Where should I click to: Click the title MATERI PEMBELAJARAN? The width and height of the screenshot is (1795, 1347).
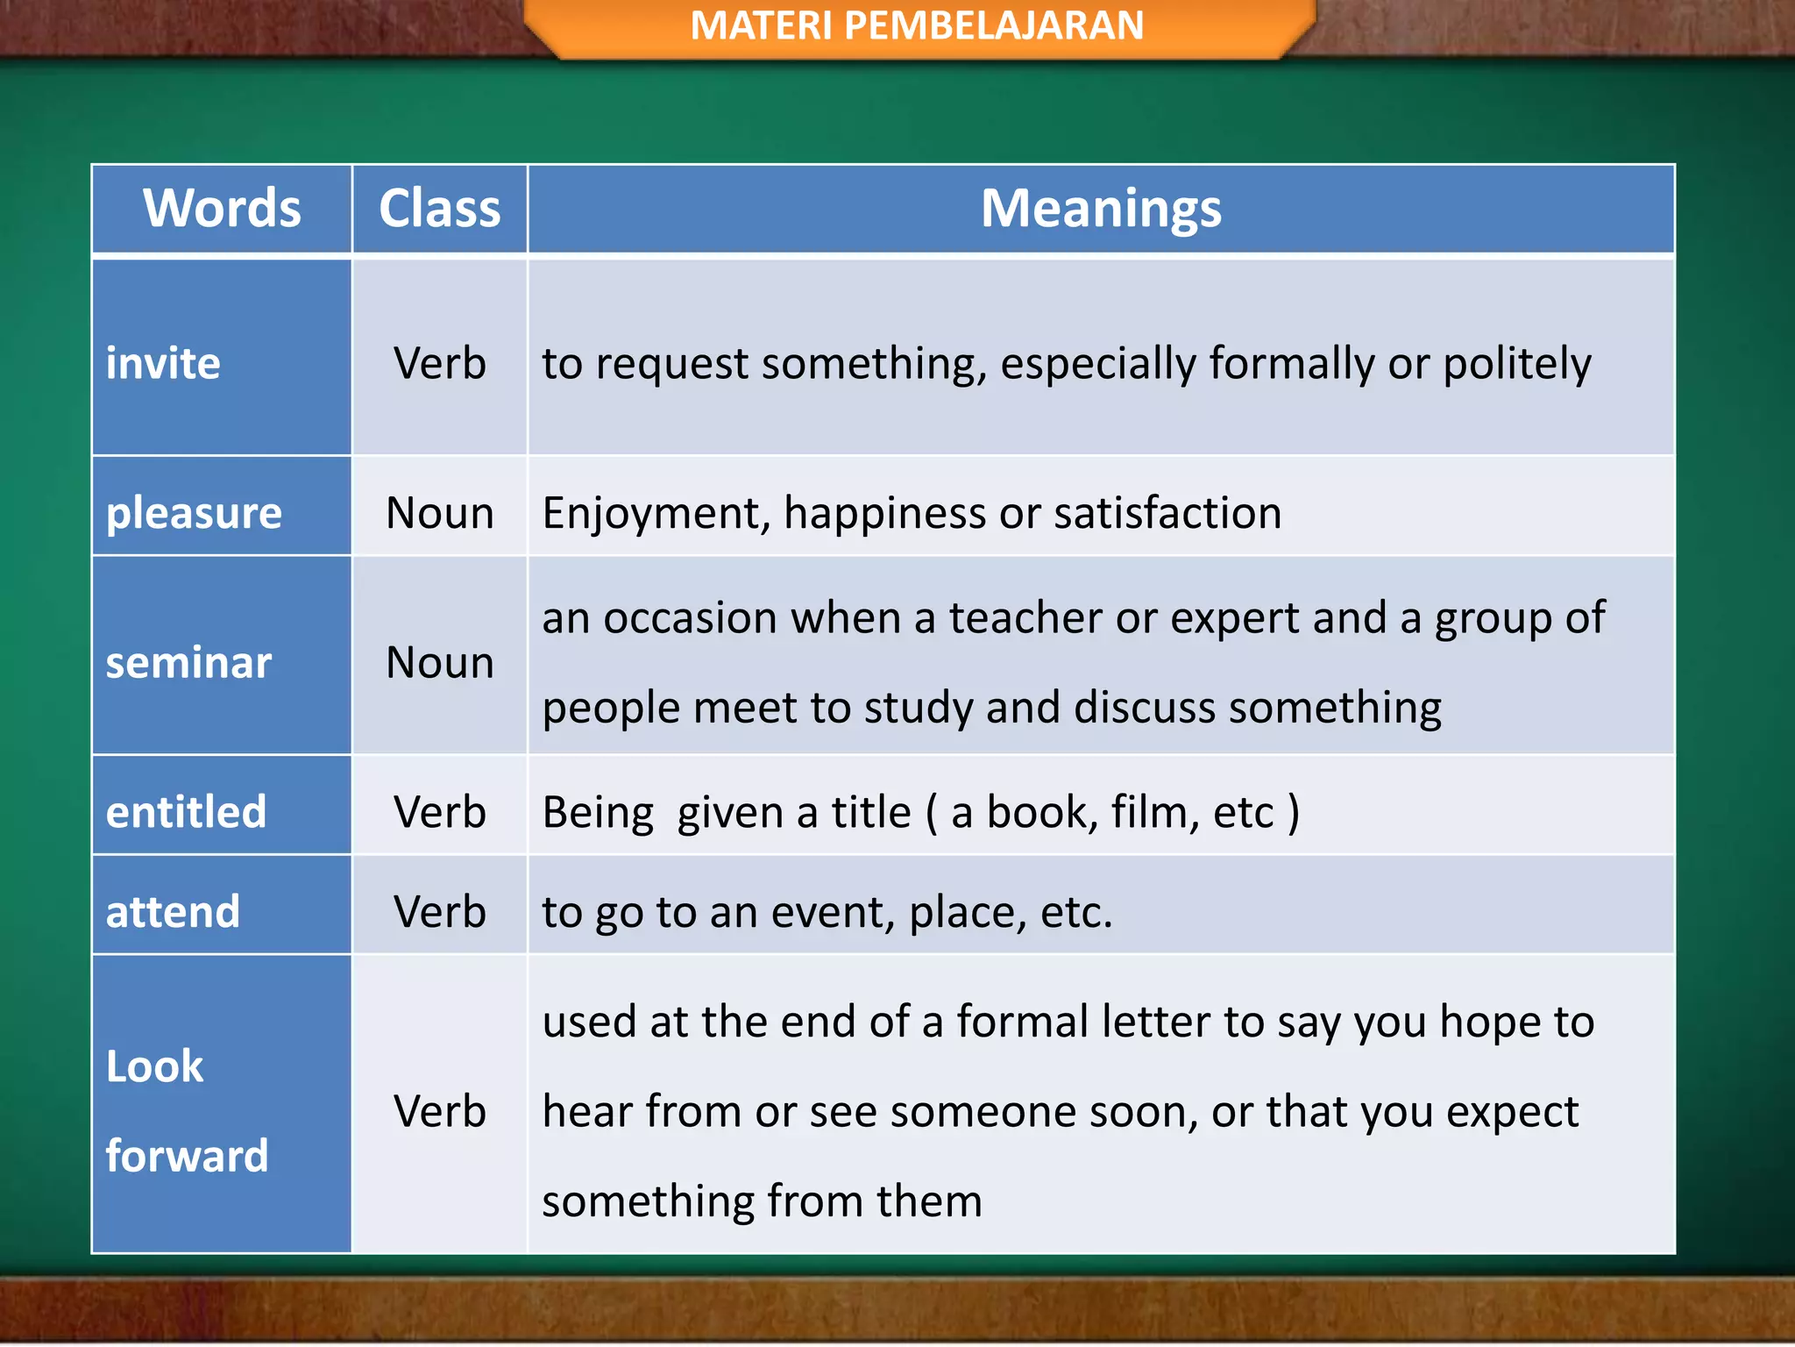tap(917, 25)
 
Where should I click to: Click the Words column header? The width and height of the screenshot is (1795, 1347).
tap(222, 209)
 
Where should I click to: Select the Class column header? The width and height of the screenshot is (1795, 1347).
tap(439, 209)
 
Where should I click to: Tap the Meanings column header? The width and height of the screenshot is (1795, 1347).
tap(1101, 209)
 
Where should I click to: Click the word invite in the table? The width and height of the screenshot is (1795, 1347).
tap(163, 363)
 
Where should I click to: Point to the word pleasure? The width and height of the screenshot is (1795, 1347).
tap(194, 513)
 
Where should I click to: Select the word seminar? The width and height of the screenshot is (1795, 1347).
tap(188, 662)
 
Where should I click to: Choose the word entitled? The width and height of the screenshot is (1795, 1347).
tap(186, 812)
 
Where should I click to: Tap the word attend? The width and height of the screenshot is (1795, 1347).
tap(173, 912)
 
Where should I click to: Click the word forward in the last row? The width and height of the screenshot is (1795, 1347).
tap(187, 1156)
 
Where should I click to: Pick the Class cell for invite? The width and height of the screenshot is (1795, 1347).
tap(439, 363)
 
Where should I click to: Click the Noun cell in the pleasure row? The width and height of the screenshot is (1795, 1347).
tap(439, 513)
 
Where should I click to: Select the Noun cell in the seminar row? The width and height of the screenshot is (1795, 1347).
tap(439, 662)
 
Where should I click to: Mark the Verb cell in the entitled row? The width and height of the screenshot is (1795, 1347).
tap(439, 812)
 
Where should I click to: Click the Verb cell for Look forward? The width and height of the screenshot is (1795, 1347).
tap(439, 1111)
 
